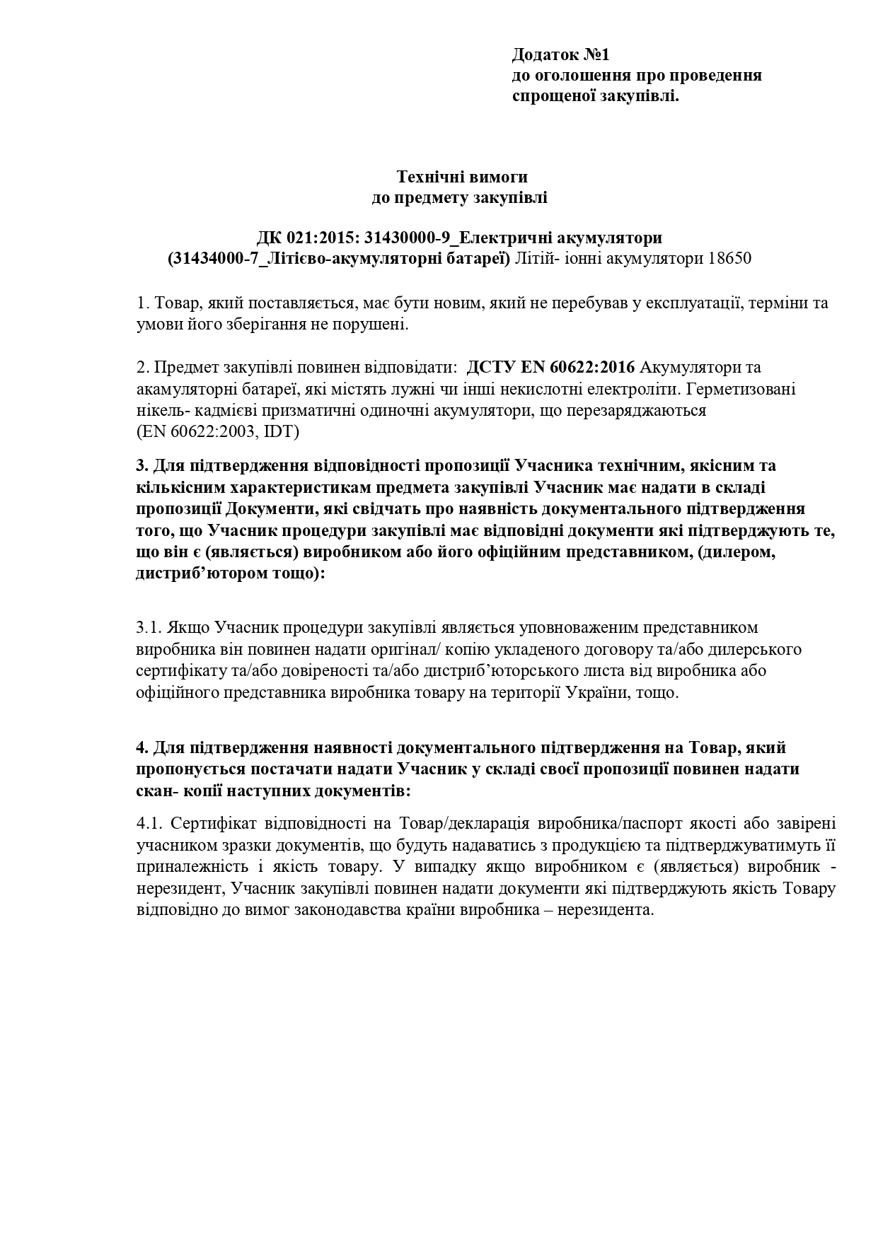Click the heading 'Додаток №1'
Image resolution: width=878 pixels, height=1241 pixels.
tap(560, 54)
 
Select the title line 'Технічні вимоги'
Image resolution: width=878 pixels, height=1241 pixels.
tap(461, 176)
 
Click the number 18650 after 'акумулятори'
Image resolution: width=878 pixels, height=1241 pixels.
tap(729, 258)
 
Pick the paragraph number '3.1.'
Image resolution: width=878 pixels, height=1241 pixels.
tap(150, 627)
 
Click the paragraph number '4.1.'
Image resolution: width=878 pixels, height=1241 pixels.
tap(150, 824)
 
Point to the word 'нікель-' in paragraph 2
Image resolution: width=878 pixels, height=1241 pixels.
tap(158, 410)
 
